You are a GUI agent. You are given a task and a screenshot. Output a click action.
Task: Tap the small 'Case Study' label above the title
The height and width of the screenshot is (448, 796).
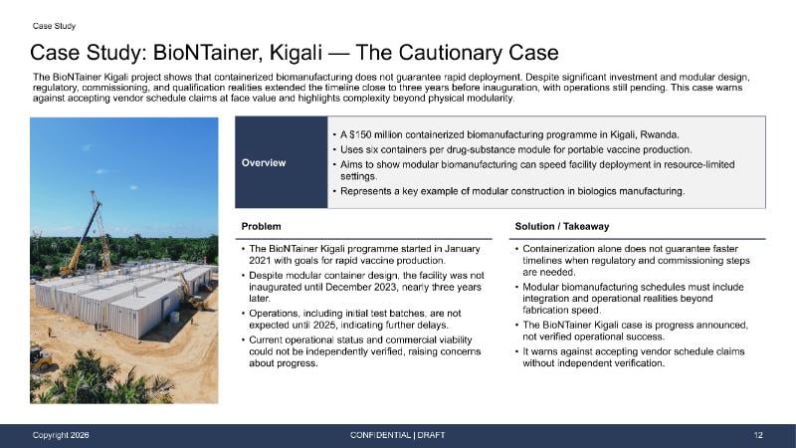pos(54,26)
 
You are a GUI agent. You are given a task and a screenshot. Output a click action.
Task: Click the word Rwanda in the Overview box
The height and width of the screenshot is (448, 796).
pos(659,134)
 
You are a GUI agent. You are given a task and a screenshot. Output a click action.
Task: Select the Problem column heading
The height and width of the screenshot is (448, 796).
pos(261,227)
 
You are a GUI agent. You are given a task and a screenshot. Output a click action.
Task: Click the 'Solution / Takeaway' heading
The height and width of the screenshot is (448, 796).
pos(562,227)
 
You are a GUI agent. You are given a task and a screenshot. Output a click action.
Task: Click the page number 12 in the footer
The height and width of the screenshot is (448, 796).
pos(758,435)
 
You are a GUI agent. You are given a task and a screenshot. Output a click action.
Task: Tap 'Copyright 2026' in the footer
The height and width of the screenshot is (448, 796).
pos(61,435)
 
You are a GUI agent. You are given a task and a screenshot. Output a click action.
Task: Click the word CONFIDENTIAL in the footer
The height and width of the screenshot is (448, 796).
pos(380,435)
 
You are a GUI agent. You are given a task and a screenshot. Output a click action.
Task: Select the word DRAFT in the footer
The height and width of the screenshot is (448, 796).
pos(431,435)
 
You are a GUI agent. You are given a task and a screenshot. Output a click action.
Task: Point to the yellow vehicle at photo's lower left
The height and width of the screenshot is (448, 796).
pos(40,357)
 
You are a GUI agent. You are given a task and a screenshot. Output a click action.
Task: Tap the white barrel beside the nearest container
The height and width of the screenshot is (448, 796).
pos(175,317)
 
